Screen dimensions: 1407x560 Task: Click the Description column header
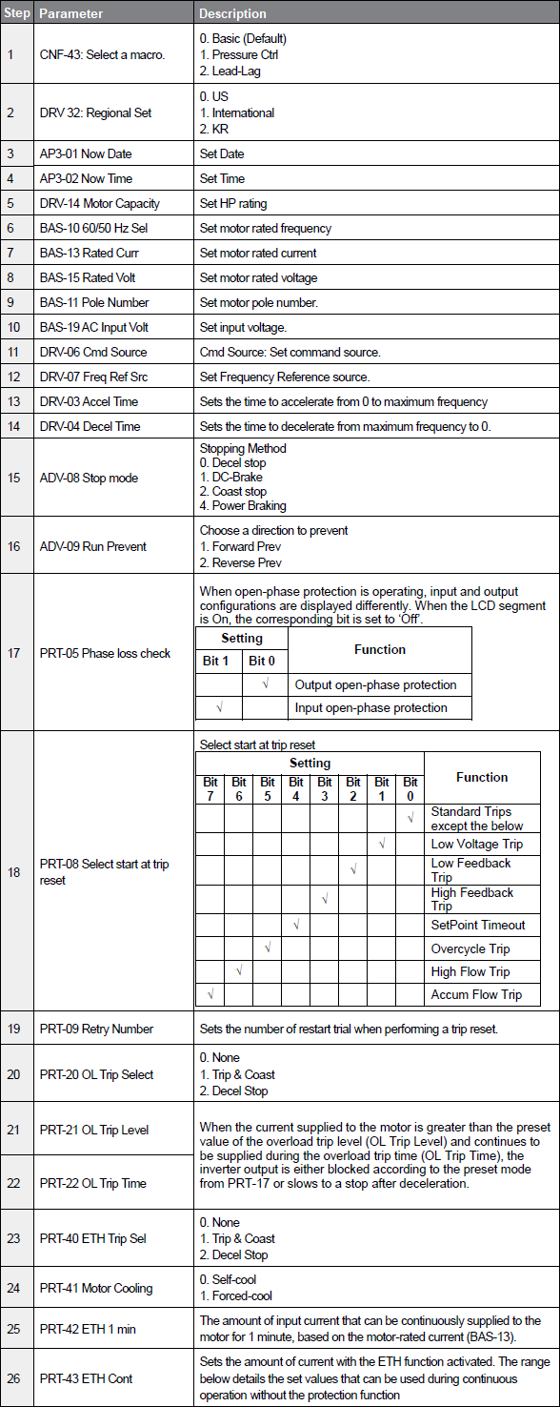(x=232, y=13)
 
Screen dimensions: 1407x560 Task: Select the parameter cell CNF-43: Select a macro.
(x=102, y=54)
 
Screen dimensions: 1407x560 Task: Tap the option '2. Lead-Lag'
(x=230, y=71)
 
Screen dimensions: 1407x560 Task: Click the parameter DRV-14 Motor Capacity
(x=99, y=203)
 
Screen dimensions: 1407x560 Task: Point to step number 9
(x=10, y=302)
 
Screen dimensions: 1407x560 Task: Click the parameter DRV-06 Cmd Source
(x=93, y=352)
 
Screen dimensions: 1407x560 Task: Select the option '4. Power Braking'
(x=243, y=506)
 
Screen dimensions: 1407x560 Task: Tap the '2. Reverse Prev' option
(x=240, y=563)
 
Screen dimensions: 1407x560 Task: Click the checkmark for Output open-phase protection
(x=265, y=684)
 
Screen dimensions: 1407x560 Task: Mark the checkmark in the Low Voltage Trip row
(x=382, y=844)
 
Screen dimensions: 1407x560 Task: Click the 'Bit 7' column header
(x=210, y=788)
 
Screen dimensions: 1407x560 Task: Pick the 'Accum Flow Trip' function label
(x=476, y=994)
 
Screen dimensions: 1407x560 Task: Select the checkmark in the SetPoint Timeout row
(x=296, y=925)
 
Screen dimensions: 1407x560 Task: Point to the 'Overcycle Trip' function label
(x=470, y=948)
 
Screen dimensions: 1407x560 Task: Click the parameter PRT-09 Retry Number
(x=96, y=1029)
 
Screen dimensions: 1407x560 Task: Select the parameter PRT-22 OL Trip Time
(x=92, y=1183)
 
